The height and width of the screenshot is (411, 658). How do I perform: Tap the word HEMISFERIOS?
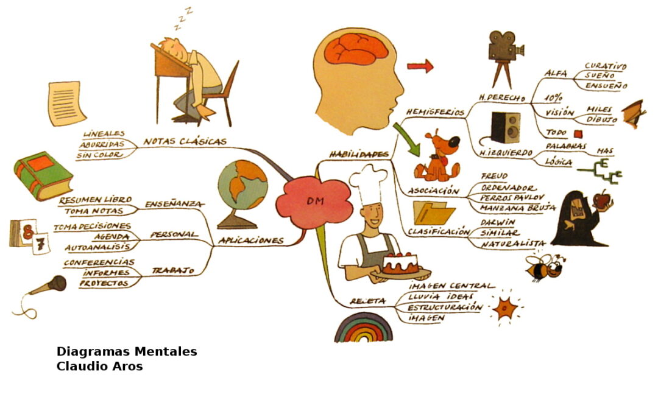[x=435, y=112]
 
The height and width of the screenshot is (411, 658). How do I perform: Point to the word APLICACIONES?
[x=251, y=241]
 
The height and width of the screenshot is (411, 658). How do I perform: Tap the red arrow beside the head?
[x=420, y=66]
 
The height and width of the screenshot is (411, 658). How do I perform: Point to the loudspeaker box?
[x=506, y=128]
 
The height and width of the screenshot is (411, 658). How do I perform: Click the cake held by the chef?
[x=400, y=262]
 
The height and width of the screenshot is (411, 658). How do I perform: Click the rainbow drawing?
[x=364, y=329]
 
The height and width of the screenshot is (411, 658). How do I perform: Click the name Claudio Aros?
[x=99, y=367]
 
